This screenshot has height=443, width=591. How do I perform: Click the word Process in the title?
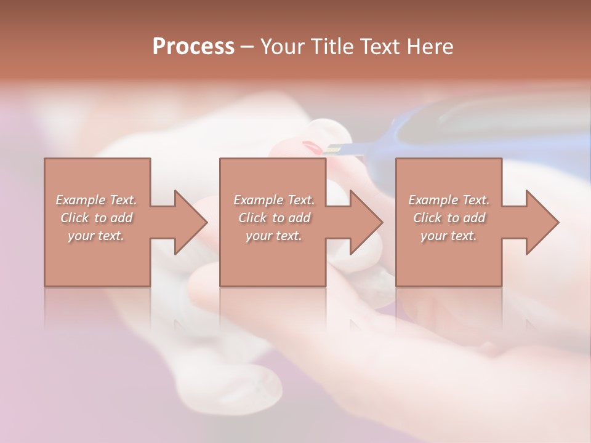[x=193, y=47]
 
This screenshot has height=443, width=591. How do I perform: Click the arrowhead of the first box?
[x=188, y=222]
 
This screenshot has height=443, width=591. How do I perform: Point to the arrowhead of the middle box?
[x=364, y=222]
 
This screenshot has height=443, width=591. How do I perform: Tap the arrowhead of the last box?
[x=540, y=222]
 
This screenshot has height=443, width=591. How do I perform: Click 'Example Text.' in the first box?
[x=97, y=200]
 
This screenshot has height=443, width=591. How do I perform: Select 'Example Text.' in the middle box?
[x=274, y=200]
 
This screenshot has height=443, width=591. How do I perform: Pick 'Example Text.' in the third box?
[x=449, y=200]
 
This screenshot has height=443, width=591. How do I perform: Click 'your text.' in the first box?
[x=96, y=236]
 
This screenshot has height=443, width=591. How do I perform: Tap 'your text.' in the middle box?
[x=273, y=236]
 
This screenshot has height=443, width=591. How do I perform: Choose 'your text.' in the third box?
[x=448, y=236]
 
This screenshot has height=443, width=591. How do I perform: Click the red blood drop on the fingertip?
[x=312, y=147]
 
